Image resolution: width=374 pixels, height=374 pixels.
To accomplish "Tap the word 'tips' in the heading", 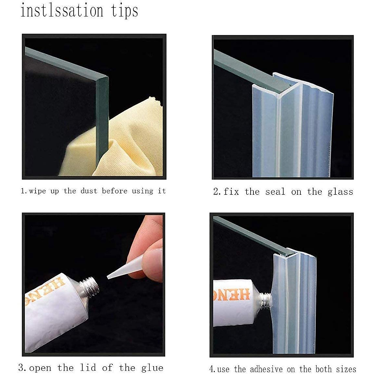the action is (x=124, y=11).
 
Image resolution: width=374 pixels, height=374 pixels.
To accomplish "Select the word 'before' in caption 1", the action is (x=115, y=191).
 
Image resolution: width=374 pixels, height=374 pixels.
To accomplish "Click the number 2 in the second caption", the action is (x=216, y=192).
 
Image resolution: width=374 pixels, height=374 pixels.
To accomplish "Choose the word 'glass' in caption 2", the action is (x=340, y=192).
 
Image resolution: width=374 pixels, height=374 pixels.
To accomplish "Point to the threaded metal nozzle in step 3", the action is (x=89, y=287).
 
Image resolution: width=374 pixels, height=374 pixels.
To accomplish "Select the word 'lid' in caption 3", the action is (x=88, y=362).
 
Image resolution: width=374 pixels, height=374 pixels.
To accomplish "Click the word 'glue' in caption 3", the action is (x=152, y=363).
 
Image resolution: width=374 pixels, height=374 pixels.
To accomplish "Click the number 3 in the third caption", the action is (x=21, y=362).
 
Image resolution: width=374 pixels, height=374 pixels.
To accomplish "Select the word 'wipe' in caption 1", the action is (x=37, y=191).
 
